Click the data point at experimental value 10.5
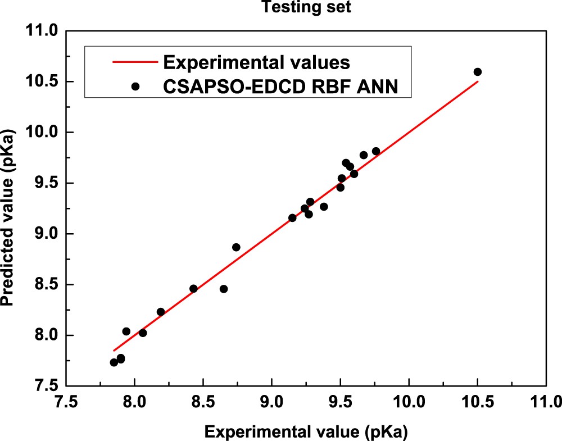(x=478, y=72)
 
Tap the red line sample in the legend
(x=134, y=60)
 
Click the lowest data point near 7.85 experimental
(x=114, y=362)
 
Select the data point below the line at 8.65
(x=224, y=289)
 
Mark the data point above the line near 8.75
(x=236, y=247)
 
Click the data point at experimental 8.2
(x=161, y=312)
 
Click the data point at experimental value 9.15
(x=292, y=218)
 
